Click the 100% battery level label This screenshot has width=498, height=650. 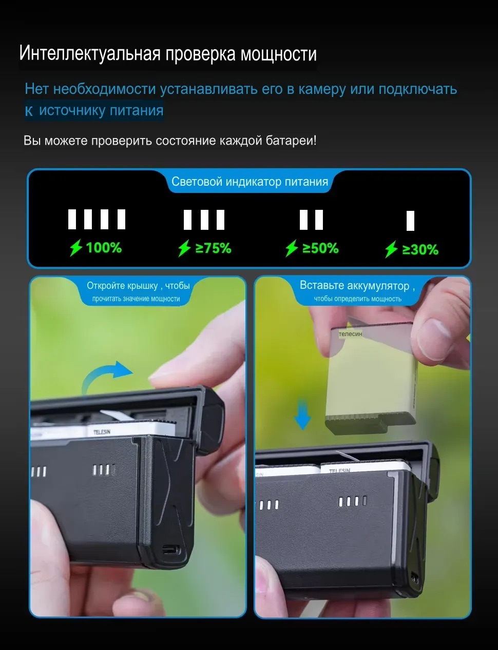pyautogui.click(x=104, y=248)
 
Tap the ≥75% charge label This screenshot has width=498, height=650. pyautogui.click(x=213, y=248)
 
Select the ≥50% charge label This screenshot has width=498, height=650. pyautogui.click(x=320, y=248)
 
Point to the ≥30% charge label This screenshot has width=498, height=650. pyautogui.click(x=420, y=249)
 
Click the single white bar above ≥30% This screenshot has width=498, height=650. pyautogui.click(x=410, y=221)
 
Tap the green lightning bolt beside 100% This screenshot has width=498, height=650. pyautogui.click(x=76, y=248)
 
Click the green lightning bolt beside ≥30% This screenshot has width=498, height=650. pyautogui.click(x=391, y=249)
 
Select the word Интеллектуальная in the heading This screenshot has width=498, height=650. pyautogui.click(x=90, y=54)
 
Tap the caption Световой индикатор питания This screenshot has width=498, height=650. pyautogui.click(x=250, y=182)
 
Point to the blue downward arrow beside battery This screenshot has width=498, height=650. pyautogui.click(x=303, y=413)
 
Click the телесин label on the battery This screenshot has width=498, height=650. pyautogui.click(x=351, y=334)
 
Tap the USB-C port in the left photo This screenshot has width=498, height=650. pyautogui.click(x=171, y=550)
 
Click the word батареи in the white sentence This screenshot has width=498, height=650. pyautogui.click(x=290, y=141)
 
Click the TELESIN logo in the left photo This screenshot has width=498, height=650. pyautogui.click(x=102, y=431)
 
